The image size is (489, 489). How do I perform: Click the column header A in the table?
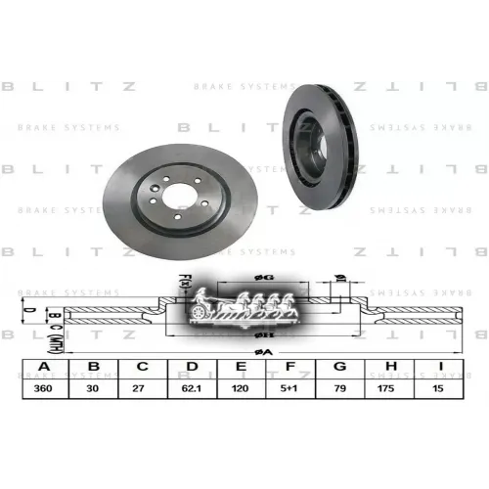pyautogui.click(x=42, y=368)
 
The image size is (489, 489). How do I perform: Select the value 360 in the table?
pyautogui.click(x=42, y=387)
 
